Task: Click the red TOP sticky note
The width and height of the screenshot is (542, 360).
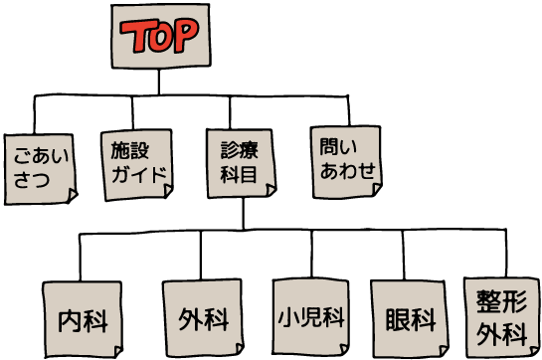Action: click(160, 37)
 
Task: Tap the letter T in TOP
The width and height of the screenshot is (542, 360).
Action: click(135, 39)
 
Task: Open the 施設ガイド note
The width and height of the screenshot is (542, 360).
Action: click(137, 163)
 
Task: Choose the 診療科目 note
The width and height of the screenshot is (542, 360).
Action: click(241, 163)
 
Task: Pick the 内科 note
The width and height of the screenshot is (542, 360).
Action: click(83, 320)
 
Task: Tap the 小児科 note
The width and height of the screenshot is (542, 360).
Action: click(311, 318)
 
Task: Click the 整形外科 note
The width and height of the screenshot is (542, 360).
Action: click(501, 315)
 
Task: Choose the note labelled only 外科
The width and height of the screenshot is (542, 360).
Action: click(203, 320)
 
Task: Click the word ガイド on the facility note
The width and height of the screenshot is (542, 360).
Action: click(137, 176)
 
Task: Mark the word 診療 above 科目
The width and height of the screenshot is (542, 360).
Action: click(240, 151)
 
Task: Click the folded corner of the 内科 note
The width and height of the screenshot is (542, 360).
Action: click(117, 352)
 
